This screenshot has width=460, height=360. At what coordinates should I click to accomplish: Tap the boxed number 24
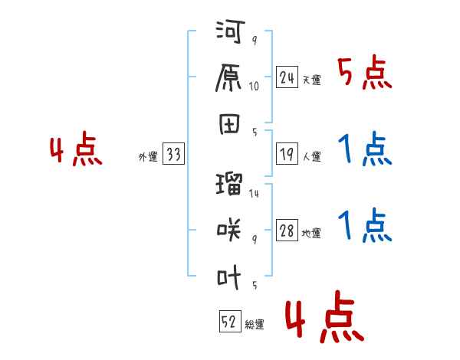[x=287, y=77]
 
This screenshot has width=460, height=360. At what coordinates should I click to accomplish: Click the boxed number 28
[x=287, y=232]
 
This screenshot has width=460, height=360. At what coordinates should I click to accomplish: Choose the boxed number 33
[x=173, y=155]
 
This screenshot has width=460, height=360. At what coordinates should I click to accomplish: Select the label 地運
[x=311, y=234]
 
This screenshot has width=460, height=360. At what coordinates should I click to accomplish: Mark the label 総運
[x=254, y=325]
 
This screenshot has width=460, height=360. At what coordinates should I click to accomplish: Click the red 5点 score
[x=365, y=74]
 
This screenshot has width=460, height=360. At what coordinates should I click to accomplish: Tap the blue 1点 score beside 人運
[x=365, y=149]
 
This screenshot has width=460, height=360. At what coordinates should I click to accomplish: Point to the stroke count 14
[x=254, y=193]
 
